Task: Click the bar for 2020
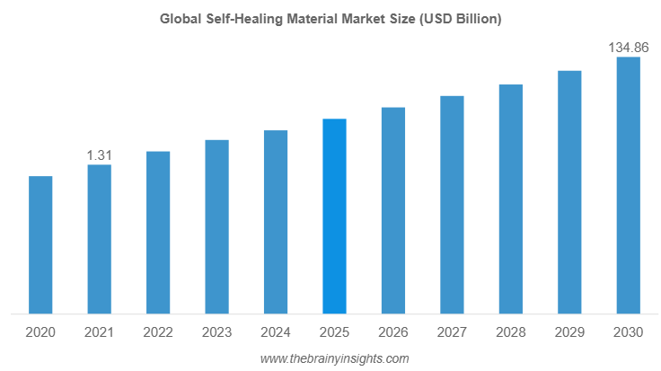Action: click(x=40, y=245)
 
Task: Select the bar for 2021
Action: click(x=99, y=240)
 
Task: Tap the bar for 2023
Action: click(x=216, y=227)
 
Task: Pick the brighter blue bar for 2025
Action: click(x=334, y=216)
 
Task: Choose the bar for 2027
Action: click(x=452, y=205)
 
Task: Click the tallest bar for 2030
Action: click(x=628, y=186)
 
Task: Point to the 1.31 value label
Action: click(x=99, y=155)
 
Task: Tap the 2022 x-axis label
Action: click(x=158, y=332)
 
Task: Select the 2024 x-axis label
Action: click(x=276, y=332)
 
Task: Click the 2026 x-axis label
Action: click(x=393, y=332)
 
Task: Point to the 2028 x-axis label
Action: click(x=510, y=332)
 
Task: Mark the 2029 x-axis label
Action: click(x=569, y=332)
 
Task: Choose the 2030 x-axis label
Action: click(x=628, y=332)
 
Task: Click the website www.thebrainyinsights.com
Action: click(x=334, y=358)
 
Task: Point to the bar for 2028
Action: click(x=510, y=199)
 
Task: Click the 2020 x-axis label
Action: click(x=40, y=332)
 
